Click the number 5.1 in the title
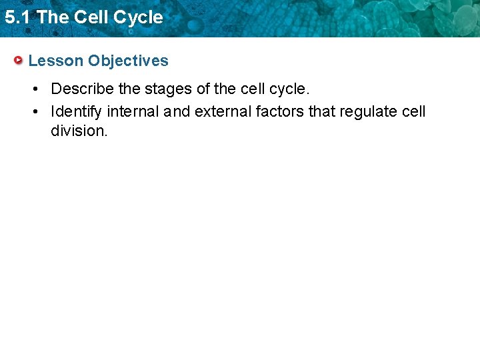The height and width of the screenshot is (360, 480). coord(17,17)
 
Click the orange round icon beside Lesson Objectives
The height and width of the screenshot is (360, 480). coord(19,61)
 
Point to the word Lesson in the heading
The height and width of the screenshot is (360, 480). coord(56,61)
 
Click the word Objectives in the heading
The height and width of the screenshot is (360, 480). coord(128,61)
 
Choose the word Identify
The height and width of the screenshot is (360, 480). coord(76,111)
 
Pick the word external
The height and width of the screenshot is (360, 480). coord(223,111)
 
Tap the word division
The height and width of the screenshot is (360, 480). coord(79,131)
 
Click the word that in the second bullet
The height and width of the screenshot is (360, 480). coord(323,111)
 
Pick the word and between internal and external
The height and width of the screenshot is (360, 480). coord(177,111)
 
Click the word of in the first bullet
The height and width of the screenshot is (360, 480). coord(204,89)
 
